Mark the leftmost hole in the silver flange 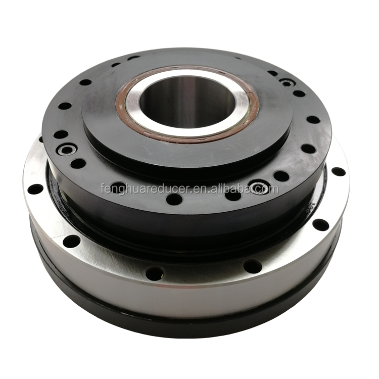[35, 189]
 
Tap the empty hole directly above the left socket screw [61, 135]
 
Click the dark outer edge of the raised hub [187, 162]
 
